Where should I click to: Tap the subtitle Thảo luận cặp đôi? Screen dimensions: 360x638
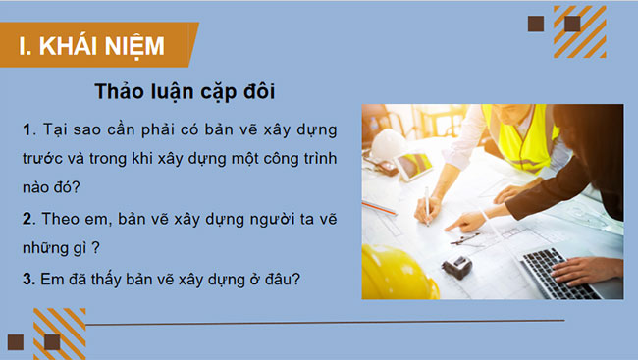[x=184, y=91]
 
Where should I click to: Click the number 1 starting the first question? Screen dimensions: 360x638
[x=25, y=130]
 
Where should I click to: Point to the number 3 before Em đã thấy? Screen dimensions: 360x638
[x=25, y=278]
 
